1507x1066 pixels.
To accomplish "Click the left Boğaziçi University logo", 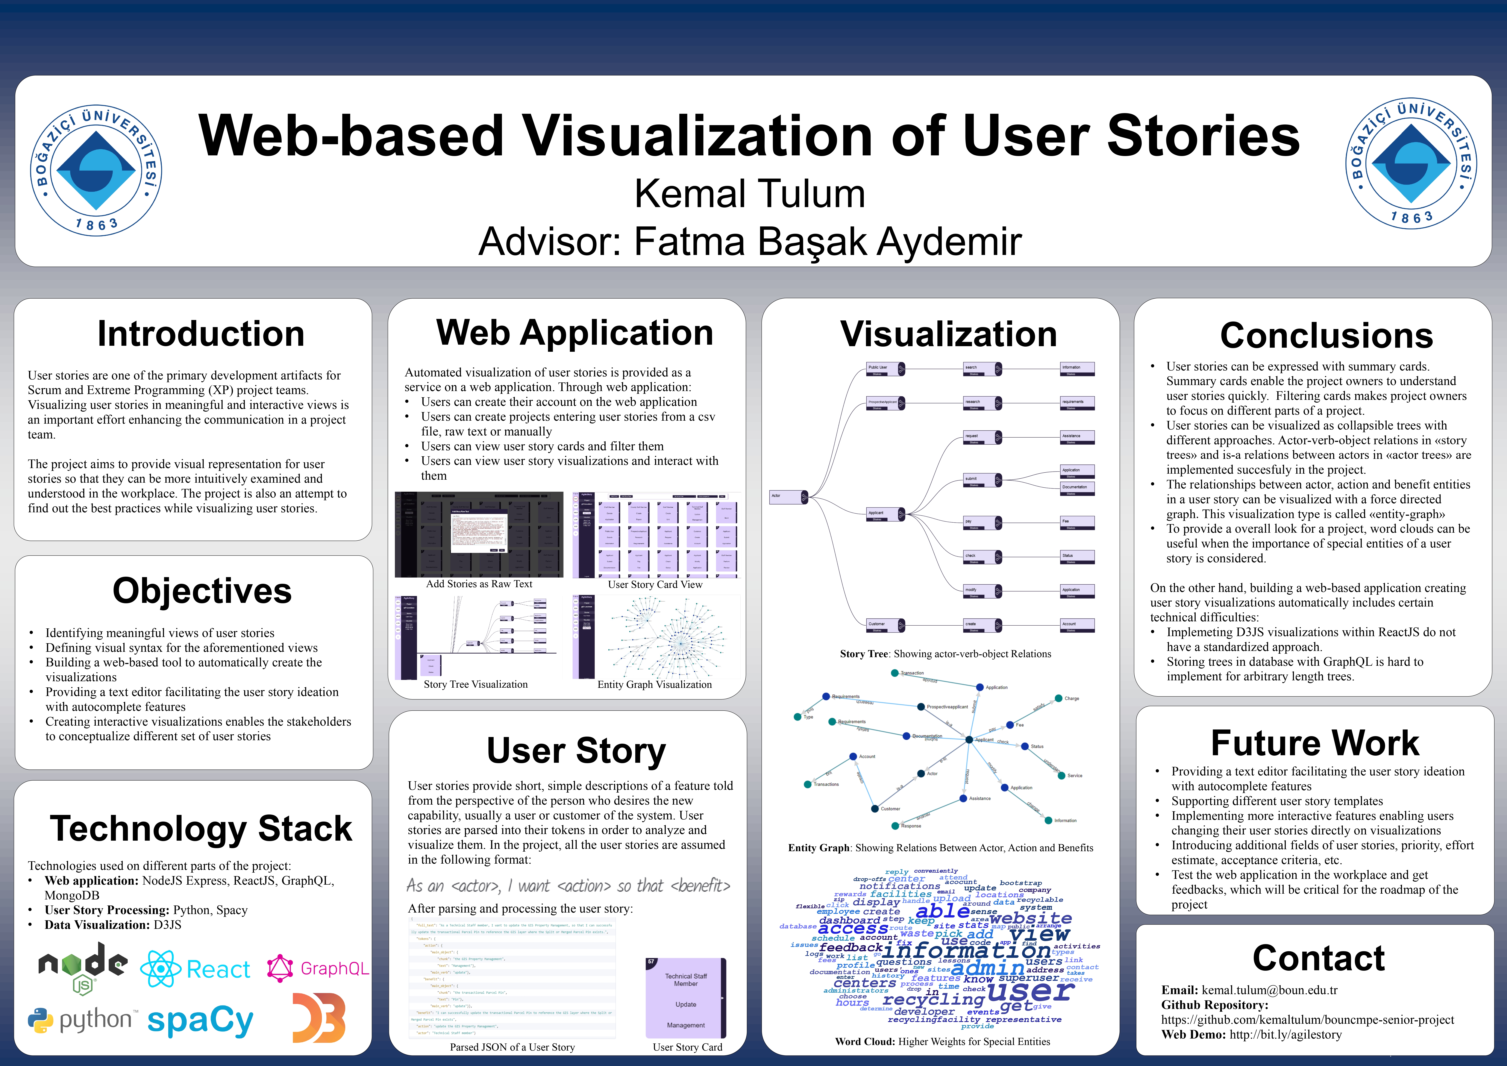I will tap(97, 170).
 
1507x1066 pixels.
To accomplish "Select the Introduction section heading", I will tap(201, 334).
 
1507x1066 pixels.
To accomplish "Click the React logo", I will tap(196, 969).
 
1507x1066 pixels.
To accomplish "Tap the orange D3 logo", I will tap(319, 1017).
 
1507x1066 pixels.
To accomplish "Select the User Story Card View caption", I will tap(655, 584).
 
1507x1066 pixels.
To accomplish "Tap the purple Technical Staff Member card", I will tap(686, 998).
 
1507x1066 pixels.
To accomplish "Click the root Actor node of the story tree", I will tap(788, 497).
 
